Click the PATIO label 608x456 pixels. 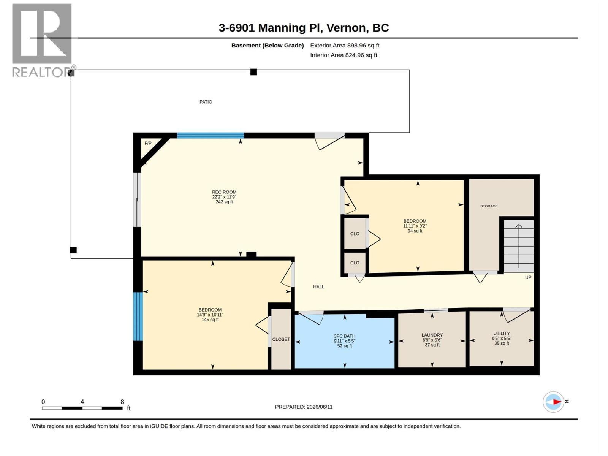[206, 102]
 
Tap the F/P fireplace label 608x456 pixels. [148, 143]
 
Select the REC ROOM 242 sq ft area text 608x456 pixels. [224, 202]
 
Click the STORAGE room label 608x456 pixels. [489, 206]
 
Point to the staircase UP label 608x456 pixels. [528, 277]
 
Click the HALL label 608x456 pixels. [318, 287]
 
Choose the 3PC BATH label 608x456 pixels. [344, 336]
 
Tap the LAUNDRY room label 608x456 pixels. [432, 335]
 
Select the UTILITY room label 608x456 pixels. [501, 333]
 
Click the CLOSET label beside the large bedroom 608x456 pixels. [281, 339]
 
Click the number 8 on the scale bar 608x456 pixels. [122, 402]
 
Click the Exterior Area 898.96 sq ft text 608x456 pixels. [345, 45]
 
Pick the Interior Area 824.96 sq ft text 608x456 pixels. [344, 55]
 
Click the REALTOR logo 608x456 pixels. [43, 40]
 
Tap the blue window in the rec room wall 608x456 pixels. [211, 136]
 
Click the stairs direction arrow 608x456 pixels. [519, 245]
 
